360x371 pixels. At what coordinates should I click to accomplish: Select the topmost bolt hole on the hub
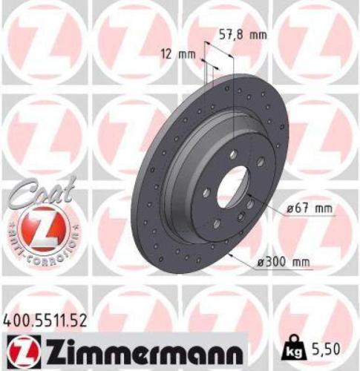234,154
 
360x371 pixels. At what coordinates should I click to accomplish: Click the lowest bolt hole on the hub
216,224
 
